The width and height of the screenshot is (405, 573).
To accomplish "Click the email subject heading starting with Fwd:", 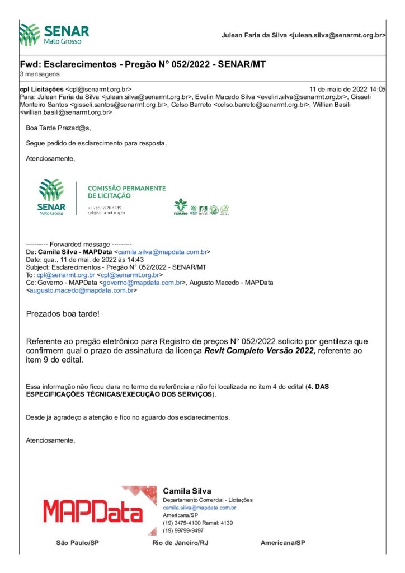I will (142, 64).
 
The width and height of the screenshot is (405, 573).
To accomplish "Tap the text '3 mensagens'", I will (39, 74).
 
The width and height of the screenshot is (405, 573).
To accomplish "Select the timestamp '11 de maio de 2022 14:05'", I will (347, 89).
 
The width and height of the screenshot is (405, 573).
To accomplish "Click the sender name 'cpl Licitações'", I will (42, 89).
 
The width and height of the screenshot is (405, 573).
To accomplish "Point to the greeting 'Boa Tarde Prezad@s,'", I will (58, 128).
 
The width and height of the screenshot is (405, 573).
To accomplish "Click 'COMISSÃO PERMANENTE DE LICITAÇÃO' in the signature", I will (127, 192).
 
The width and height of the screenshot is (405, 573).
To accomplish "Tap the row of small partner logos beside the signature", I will (201, 209).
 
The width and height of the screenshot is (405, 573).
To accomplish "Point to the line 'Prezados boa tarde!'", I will (63, 313).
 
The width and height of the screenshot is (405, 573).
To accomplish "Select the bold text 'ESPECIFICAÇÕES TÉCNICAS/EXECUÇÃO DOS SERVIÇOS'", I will (119, 394).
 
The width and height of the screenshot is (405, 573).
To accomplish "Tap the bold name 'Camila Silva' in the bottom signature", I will (187, 491).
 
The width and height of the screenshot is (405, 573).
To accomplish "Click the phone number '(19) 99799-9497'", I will (183, 530).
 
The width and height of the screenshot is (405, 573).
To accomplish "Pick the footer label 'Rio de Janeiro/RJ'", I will (178, 543).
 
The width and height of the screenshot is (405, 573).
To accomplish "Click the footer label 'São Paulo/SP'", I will (78, 543).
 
